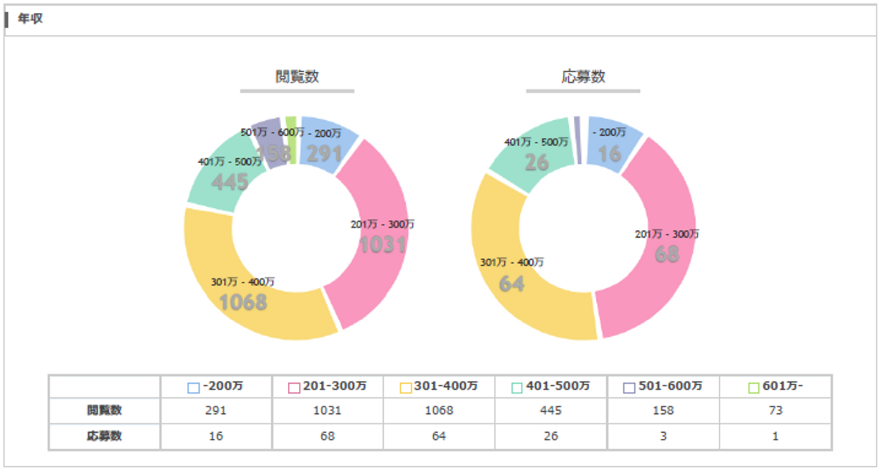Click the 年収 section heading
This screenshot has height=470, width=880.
[x=30, y=20]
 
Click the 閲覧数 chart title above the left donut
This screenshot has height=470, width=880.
[x=297, y=76]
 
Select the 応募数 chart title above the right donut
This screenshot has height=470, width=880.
[x=583, y=76]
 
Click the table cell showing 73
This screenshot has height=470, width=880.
[x=776, y=411]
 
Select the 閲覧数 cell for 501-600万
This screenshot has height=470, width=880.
[x=663, y=411]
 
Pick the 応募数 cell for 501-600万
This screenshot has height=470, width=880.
[x=663, y=436]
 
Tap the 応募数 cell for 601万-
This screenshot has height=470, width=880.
[x=776, y=436]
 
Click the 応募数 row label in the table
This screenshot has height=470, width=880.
[x=104, y=436]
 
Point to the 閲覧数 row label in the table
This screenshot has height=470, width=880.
[x=104, y=411]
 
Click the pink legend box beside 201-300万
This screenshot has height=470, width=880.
[x=294, y=387]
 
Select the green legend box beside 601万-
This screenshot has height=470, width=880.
[x=754, y=387]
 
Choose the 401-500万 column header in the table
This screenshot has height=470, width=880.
[x=551, y=386]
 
